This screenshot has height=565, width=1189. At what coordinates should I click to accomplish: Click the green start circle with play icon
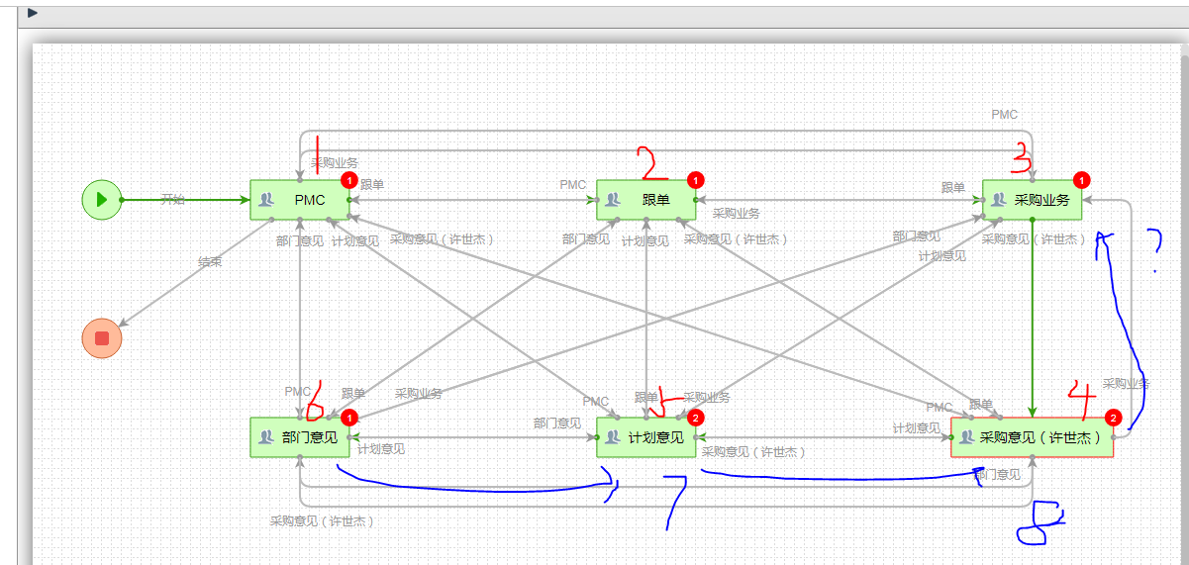coord(101,199)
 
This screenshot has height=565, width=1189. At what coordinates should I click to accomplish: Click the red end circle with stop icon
coord(101,338)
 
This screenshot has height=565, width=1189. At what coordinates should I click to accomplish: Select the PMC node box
coord(300,200)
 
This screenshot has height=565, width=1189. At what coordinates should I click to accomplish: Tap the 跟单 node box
coord(646,200)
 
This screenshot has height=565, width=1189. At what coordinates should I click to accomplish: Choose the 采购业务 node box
coord(1032,200)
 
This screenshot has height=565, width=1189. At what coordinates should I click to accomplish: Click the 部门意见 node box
coord(300,437)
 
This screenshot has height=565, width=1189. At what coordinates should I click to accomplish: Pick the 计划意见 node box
coord(646,437)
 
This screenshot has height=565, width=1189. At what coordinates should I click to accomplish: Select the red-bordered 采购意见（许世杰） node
coord(1032,437)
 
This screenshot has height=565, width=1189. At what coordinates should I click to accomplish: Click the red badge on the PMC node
coord(348,180)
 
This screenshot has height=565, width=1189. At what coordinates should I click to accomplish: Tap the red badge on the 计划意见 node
coord(695,418)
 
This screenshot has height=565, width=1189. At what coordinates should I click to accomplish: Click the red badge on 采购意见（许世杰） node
coord(1113,418)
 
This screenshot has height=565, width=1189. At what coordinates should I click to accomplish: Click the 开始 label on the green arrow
coord(172,199)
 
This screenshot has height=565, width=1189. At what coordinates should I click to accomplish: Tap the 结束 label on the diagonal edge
coord(210,262)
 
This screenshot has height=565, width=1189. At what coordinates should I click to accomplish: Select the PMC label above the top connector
coord(1004,115)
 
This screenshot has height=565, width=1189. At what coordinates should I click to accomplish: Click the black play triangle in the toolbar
coord(33,13)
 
